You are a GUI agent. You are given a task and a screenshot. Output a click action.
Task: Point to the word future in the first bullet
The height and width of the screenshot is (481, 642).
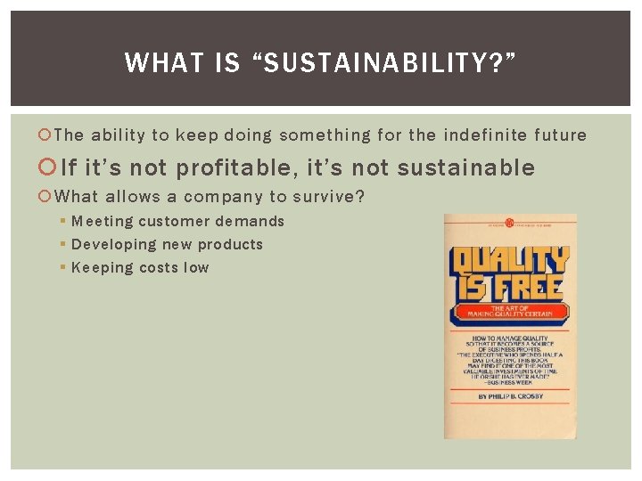click(x=560, y=135)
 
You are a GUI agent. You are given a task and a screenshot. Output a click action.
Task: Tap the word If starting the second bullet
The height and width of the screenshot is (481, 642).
click(x=69, y=167)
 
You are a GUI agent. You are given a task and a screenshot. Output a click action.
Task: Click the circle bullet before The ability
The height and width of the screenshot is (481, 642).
click(x=46, y=136)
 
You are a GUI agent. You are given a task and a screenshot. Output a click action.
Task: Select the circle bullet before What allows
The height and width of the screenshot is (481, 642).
click(x=46, y=198)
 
